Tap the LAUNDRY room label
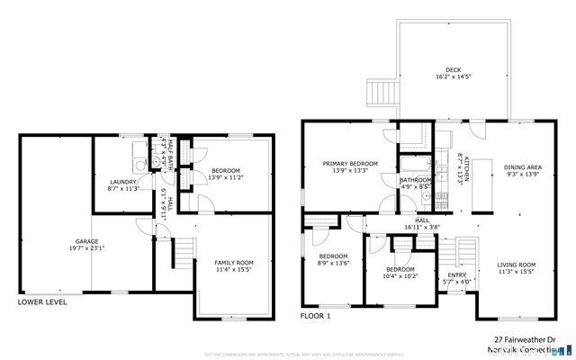122,181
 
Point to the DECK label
455,70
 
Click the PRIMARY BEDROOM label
350,163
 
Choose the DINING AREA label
522,166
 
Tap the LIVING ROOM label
516,264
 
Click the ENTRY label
457,275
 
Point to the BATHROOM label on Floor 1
416,180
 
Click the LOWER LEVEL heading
41,302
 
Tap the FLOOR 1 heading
316,316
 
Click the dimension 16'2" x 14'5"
455,78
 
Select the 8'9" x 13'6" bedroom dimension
333,264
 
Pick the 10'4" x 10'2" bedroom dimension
400,277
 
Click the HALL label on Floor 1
422,220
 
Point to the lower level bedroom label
226,171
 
